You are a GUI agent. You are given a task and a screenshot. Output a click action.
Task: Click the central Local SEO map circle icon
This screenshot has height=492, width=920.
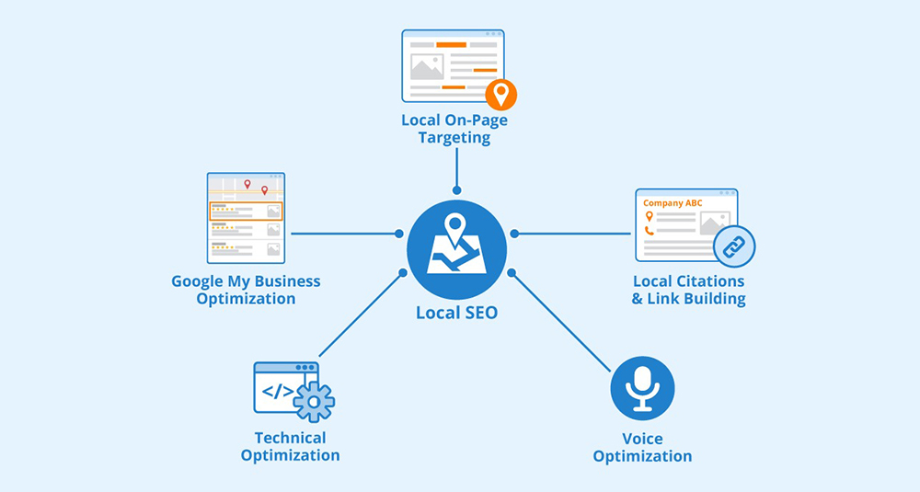456,249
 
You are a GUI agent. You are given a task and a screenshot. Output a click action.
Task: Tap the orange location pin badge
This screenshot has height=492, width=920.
500,95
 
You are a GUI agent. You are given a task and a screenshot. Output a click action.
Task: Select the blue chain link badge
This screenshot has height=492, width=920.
734,246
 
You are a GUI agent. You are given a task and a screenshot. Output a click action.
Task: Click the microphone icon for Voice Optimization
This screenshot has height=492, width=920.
642,388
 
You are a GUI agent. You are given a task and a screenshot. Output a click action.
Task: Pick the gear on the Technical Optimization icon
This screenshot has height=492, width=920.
314,402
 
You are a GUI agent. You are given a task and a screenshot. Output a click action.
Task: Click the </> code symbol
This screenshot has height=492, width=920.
278,391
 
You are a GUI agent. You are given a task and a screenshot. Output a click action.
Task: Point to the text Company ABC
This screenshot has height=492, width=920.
673,203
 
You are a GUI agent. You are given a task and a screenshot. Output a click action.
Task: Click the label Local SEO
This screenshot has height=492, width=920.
456,313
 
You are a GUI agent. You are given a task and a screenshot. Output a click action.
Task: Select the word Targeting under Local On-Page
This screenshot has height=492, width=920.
454,138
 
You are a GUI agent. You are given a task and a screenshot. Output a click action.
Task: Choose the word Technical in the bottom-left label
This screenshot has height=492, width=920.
291,438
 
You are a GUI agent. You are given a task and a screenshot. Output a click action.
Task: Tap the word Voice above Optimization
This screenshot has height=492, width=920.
642,439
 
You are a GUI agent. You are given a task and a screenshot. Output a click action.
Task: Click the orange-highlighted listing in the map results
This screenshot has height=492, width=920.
246,212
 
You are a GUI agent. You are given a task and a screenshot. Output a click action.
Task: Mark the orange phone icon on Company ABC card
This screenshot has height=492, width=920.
649,231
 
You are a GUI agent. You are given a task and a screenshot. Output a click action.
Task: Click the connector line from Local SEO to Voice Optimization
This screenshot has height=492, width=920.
561,322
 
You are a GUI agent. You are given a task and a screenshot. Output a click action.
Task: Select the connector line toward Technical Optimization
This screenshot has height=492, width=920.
361,315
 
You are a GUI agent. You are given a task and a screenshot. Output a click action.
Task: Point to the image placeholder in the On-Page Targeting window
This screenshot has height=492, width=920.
427,67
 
